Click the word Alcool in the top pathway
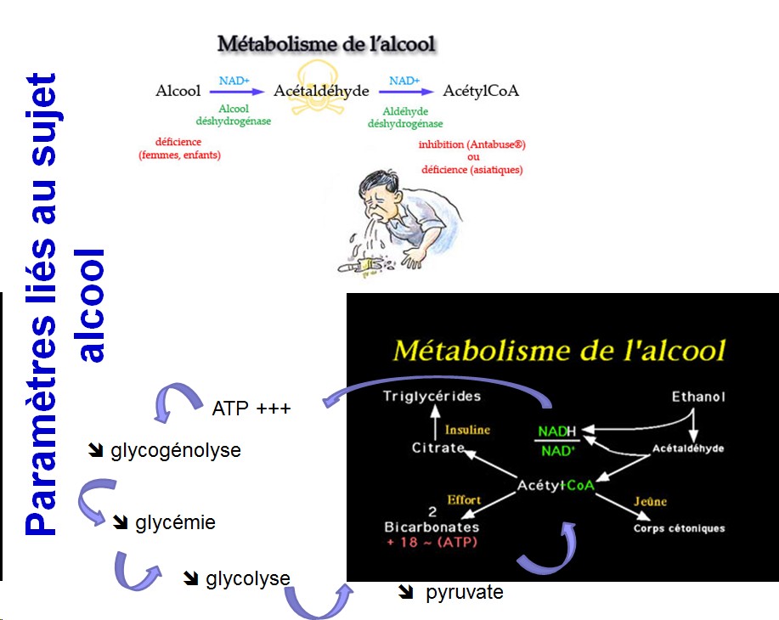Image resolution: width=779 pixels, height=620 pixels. click(178, 91)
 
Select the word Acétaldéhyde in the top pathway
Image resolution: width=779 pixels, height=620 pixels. click(321, 91)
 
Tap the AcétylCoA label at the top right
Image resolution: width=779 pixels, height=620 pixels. click(482, 91)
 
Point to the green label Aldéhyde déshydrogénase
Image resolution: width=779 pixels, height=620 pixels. click(398, 117)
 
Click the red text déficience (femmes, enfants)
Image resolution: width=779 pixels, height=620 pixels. click(179, 149)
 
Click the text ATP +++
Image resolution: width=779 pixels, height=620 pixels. click(251, 409)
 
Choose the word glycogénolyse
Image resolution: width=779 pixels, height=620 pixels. click(176, 450)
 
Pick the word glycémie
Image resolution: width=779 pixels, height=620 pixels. click(175, 522)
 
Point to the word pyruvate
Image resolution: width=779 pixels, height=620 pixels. click(464, 592)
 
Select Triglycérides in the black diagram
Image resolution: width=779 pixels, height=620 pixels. click(432, 396)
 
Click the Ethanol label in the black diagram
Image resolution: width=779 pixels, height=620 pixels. click(698, 397)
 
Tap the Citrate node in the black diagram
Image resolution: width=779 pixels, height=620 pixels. click(438, 448)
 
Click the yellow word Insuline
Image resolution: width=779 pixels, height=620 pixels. click(468, 430)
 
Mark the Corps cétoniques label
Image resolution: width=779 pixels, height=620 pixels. click(680, 528)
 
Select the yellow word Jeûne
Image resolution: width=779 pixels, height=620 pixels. click(650, 502)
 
